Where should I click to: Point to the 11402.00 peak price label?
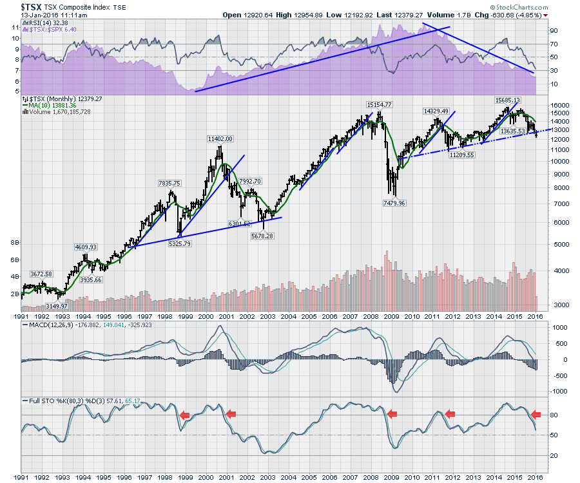pyautogui.click(x=220, y=138)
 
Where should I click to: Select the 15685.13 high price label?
pyautogui.click(x=507, y=100)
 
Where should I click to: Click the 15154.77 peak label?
pyautogui.click(x=380, y=104)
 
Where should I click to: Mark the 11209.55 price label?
pyautogui.click(x=462, y=155)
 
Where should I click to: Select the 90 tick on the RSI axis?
pyautogui.click(x=554, y=30)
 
